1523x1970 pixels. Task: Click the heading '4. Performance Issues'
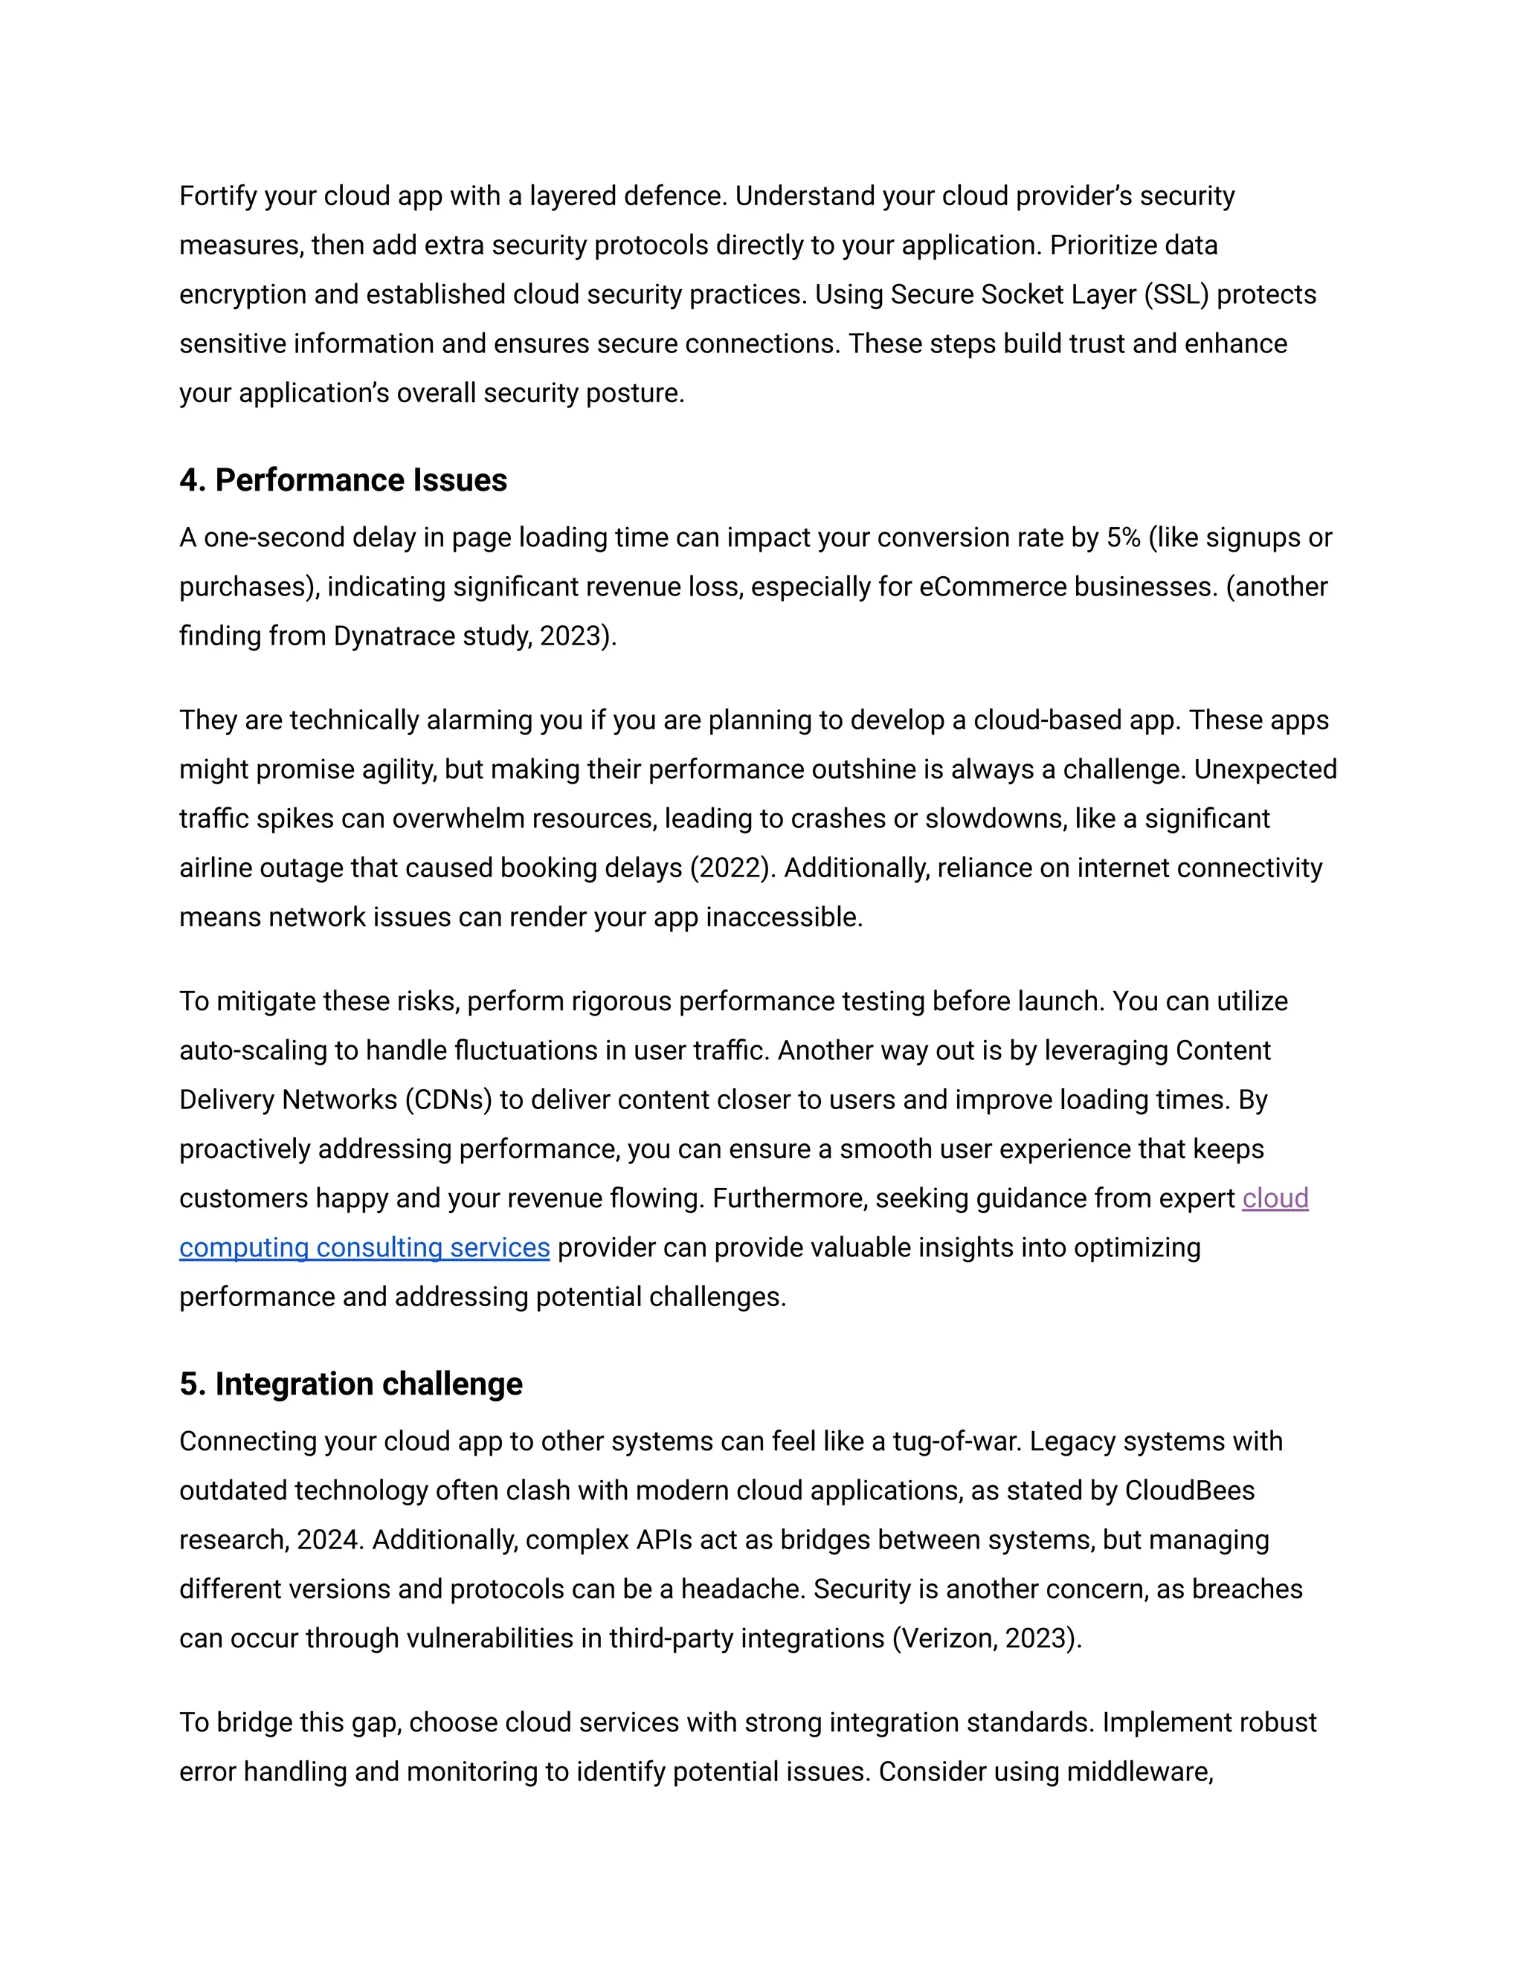[343, 480]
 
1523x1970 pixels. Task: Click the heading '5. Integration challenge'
[350, 1383]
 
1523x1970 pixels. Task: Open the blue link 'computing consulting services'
[364, 1247]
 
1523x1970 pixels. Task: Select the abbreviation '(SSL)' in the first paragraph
[1176, 295]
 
